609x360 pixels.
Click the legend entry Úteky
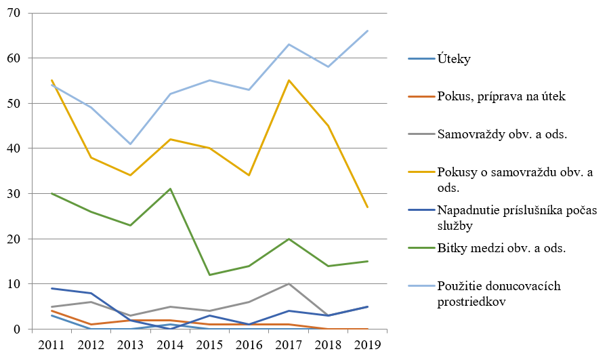(x=454, y=59)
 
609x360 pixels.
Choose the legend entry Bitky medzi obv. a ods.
(x=501, y=248)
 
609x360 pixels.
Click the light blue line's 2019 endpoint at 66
(x=368, y=31)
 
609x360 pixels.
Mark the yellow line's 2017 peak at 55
(x=289, y=81)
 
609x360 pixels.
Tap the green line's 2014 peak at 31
(x=170, y=189)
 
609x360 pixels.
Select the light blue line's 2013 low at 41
(x=131, y=144)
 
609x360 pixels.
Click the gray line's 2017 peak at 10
(x=289, y=284)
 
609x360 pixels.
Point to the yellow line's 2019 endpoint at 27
(x=368, y=207)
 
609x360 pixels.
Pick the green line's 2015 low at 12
(x=210, y=275)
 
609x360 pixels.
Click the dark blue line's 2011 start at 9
(x=51, y=288)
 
